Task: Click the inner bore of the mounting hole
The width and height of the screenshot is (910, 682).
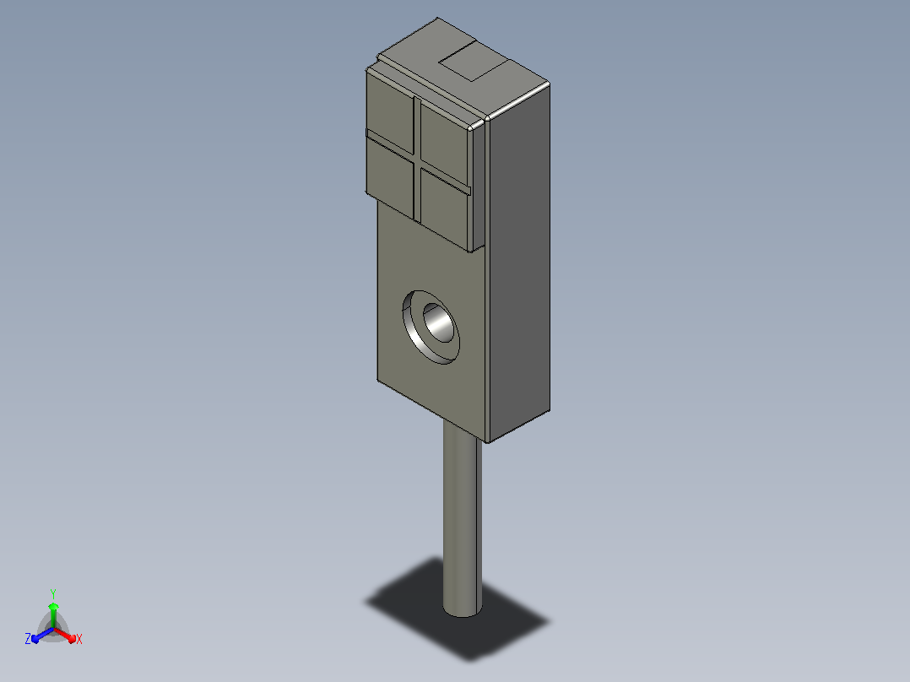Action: point(439,322)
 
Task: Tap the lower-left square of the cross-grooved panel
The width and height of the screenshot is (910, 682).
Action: point(390,177)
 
